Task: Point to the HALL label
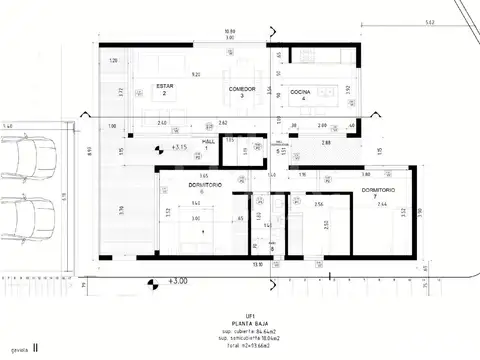(x=209, y=143)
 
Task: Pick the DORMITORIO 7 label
(x=378, y=192)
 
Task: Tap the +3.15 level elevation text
(x=181, y=148)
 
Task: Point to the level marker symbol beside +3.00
(x=152, y=285)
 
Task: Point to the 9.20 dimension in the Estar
(x=196, y=74)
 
